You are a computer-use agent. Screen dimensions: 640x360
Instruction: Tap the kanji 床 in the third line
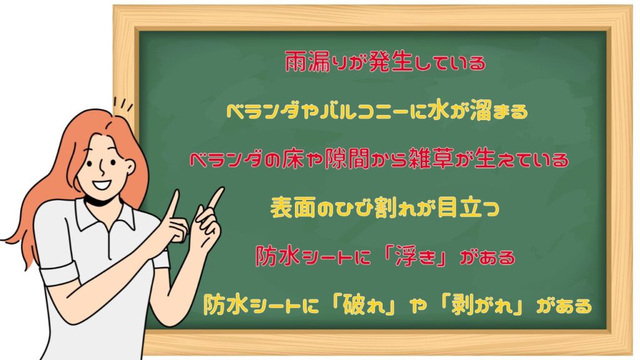(x=292, y=159)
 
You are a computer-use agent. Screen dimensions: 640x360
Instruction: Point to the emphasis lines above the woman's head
(x=123, y=104)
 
